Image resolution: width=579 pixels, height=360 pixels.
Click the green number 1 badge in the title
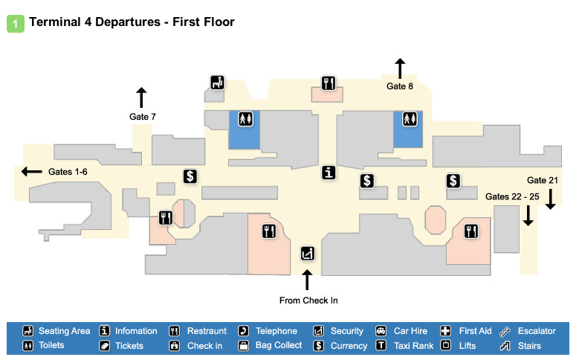[x=16, y=23]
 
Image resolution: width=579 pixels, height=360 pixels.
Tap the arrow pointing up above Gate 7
[x=141, y=97]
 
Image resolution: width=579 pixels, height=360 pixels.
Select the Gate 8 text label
[x=399, y=86]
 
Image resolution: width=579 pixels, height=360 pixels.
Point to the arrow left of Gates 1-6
[x=32, y=172]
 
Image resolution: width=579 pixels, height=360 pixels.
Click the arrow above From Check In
[x=307, y=280]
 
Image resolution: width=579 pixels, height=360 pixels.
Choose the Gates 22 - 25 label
[x=512, y=196]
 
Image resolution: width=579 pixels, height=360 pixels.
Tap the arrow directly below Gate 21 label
[x=551, y=199]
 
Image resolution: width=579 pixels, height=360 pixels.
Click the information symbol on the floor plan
[x=329, y=173]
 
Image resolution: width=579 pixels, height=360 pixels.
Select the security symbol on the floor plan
[x=307, y=253]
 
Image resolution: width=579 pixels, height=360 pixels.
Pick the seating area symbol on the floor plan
[x=217, y=83]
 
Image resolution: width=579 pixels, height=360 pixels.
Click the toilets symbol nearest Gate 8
[x=408, y=118]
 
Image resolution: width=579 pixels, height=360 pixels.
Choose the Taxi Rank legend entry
[x=405, y=345]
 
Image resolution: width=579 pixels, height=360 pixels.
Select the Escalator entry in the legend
[x=530, y=331]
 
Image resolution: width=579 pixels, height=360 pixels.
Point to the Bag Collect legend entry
[x=271, y=345]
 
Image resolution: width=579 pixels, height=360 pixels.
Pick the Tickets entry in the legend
[x=123, y=345]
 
